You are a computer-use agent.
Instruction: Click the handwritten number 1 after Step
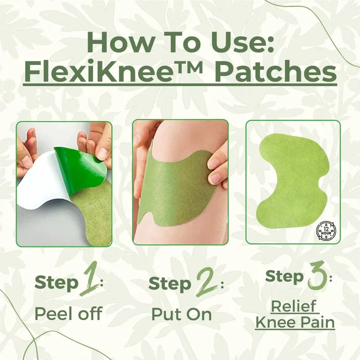click(x=88, y=283)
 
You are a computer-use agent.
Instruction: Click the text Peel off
click(x=68, y=314)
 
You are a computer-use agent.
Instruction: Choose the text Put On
click(x=181, y=314)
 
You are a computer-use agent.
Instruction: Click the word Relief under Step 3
click(x=294, y=306)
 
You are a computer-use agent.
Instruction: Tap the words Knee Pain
click(x=295, y=322)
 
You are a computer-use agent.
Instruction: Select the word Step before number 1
click(x=57, y=283)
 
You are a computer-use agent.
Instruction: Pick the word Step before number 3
click(x=284, y=277)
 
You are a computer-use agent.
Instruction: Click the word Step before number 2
click(x=171, y=284)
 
